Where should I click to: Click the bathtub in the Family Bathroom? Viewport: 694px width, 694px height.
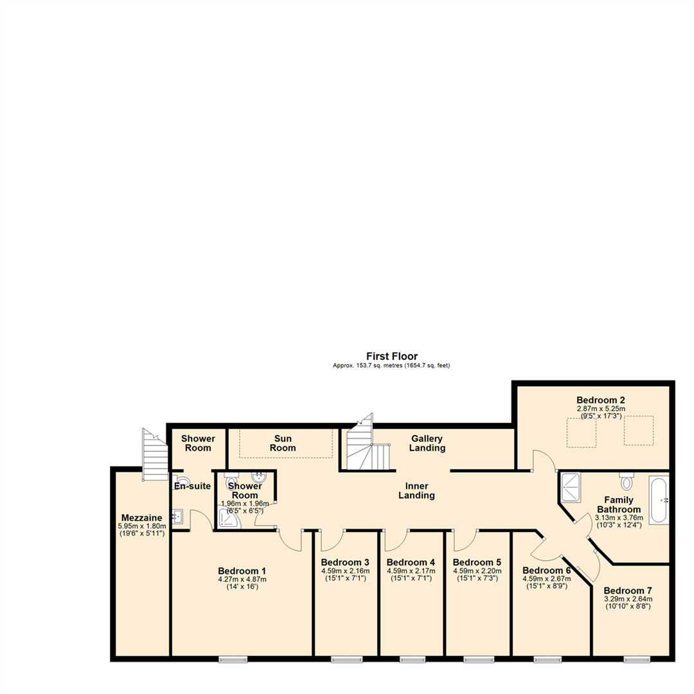(x=659, y=500)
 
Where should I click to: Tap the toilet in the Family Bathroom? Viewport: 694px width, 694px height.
(x=627, y=481)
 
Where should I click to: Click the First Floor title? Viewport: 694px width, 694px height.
(x=392, y=356)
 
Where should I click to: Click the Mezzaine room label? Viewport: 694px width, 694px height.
(x=141, y=518)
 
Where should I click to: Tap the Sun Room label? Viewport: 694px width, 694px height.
(x=283, y=443)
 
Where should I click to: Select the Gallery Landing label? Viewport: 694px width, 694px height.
(x=427, y=443)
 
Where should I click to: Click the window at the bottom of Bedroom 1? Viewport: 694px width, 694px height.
(x=233, y=659)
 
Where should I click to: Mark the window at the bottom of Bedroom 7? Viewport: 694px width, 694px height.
(x=636, y=659)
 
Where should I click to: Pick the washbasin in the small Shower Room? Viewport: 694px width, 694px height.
(x=260, y=477)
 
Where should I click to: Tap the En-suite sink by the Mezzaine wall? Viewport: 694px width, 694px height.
(x=179, y=516)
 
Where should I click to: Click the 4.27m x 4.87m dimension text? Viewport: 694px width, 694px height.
(x=242, y=579)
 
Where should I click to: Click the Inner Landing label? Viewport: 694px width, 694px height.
(x=416, y=490)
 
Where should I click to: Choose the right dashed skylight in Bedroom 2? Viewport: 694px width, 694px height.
(x=639, y=431)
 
